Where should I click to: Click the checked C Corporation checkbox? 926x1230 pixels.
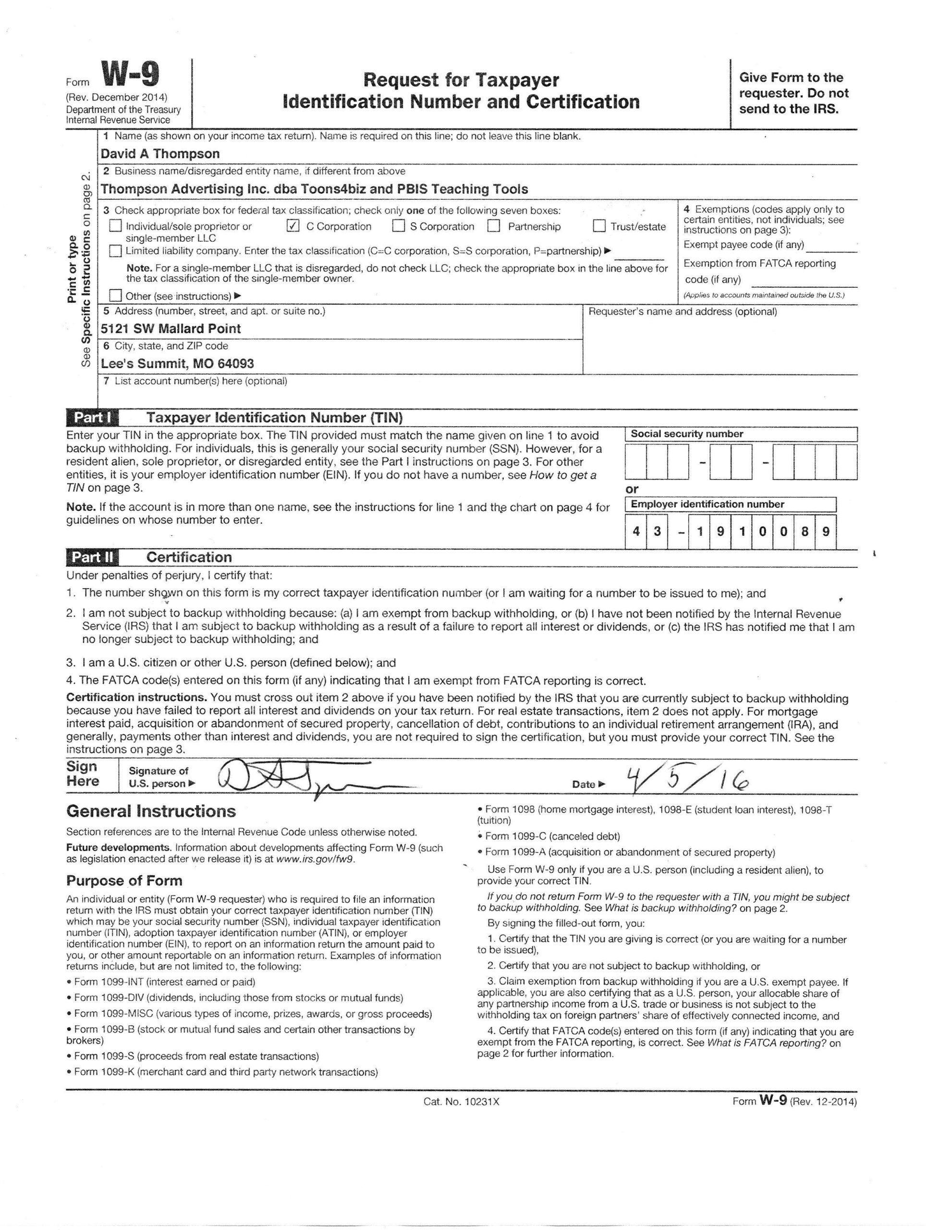click(293, 226)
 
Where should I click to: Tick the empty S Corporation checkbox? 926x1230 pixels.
click(399, 226)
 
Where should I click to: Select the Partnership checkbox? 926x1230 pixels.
click(494, 226)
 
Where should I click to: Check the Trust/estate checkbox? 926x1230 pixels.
click(598, 226)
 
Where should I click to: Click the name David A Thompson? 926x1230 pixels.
click(160, 153)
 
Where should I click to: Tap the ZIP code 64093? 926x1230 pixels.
click(236, 364)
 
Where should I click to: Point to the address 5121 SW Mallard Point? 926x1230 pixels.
click(171, 329)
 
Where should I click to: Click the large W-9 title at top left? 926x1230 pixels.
click(131, 75)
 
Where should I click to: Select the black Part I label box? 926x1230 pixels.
click(92, 418)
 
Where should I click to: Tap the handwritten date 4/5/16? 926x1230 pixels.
click(687, 781)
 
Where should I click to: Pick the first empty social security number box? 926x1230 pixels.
click(635, 462)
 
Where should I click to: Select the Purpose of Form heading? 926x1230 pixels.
click(124, 881)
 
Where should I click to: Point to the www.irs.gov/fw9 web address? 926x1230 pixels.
click(315, 859)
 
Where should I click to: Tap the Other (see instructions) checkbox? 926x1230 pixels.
click(116, 295)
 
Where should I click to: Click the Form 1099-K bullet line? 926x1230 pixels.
click(222, 1072)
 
